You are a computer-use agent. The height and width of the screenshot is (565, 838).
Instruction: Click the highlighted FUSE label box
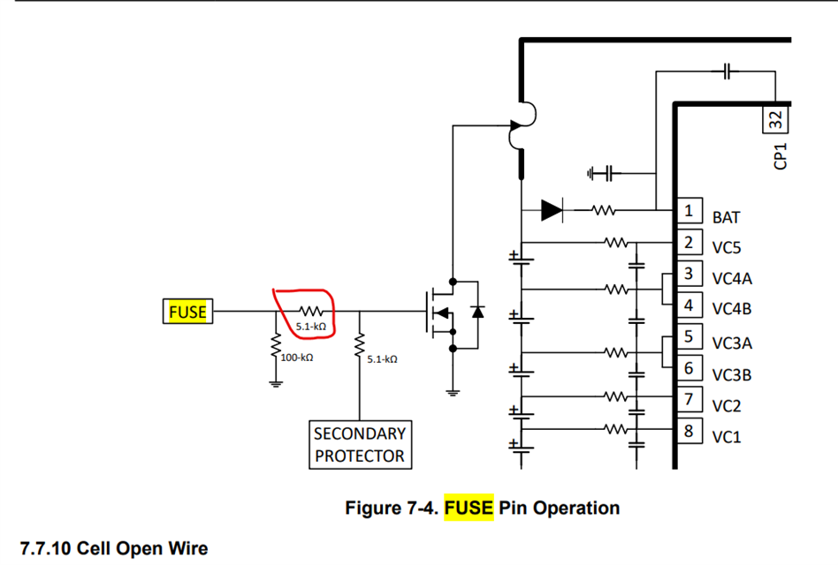click(187, 312)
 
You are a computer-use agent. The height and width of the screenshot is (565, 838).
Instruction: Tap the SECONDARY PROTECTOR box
click(360, 445)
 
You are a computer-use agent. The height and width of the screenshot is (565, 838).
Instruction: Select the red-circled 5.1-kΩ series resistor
click(310, 312)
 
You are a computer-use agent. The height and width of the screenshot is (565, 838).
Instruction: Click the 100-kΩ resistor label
click(296, 358)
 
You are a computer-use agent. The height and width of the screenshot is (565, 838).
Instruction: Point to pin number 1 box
click(689, 211)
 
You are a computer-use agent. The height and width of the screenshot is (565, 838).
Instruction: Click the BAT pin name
click(726, 217)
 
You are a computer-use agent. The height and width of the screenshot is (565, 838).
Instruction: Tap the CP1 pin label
click(781, 157)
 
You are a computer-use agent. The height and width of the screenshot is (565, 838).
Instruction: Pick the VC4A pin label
click(733, 279)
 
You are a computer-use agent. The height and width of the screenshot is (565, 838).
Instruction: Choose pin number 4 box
click(689, 305)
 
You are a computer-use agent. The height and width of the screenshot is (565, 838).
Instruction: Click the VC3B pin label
click(732, 374)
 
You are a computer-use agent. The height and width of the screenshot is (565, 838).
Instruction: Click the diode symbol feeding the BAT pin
click(552, 210)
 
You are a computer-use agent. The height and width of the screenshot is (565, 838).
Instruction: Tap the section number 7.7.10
click(45, 549)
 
